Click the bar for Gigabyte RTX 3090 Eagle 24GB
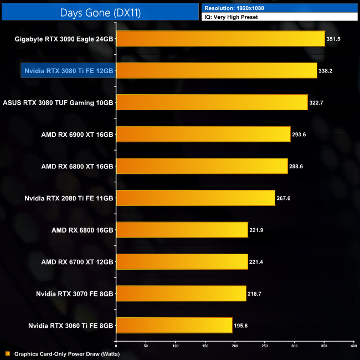click(x=220, y=39)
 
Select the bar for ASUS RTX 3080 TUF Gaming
click(x=212, y=102)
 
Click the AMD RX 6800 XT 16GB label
click(x=77, y=166)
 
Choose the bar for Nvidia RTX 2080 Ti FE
click(x=196, y=198)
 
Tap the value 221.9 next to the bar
click(x=259, y=230)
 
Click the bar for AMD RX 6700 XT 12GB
click(x=182, y=261)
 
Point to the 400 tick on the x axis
click(x=353, y=345)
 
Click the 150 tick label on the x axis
click(x=205, y=345)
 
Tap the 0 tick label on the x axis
click(x=116, y=345)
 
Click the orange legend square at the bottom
click(x=7, y=353)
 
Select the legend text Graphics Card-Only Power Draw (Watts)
click(x=67, y=353)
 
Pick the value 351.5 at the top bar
click(x=333, y=39)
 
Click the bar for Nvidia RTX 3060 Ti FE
click(x=174, y=325)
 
